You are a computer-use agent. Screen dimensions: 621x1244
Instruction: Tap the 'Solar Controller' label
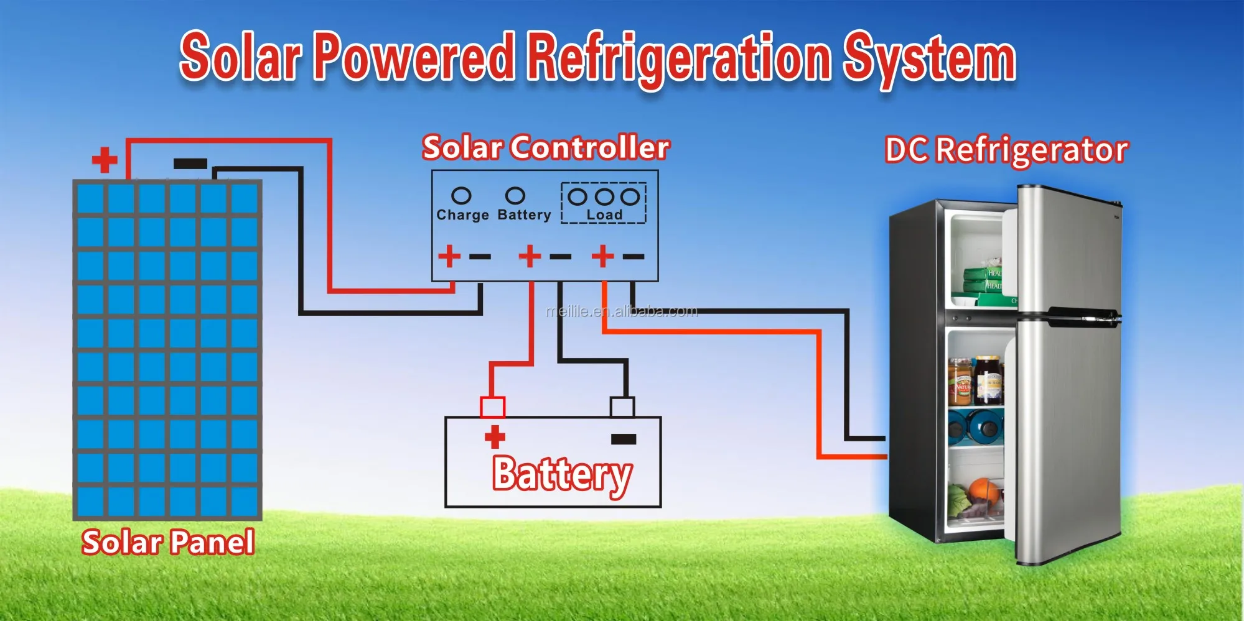546,148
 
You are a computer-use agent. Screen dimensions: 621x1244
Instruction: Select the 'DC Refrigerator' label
1006,150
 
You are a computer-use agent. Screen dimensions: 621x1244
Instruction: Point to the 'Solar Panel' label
168,542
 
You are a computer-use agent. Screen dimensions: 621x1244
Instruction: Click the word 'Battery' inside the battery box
563,474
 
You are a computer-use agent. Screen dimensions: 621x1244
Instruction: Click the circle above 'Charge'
461,196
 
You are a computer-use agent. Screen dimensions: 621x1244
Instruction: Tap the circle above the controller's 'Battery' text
515,196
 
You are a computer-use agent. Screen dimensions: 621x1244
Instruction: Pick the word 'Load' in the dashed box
604,214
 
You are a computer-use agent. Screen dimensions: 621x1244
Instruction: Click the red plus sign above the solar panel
105,160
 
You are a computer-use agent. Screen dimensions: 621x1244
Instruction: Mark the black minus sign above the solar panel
190,164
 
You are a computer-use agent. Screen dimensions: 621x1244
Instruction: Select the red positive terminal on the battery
492,407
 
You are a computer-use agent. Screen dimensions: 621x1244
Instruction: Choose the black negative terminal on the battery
622,407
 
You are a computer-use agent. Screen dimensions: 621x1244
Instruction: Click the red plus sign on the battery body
495,437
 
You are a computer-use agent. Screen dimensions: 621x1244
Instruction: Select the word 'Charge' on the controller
462,215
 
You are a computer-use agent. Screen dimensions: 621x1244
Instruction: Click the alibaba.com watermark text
622,311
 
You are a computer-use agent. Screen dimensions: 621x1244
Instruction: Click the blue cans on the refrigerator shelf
975,426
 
